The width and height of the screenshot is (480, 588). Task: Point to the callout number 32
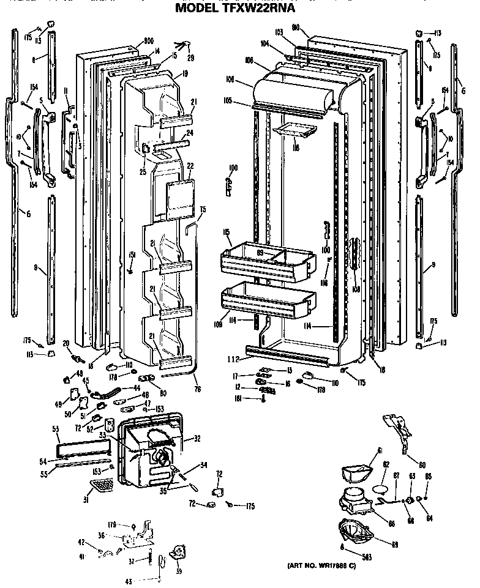[x=197, y=439]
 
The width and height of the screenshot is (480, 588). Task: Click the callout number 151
[x=132, y=255]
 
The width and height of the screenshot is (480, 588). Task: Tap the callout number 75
[x=203, y=210]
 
